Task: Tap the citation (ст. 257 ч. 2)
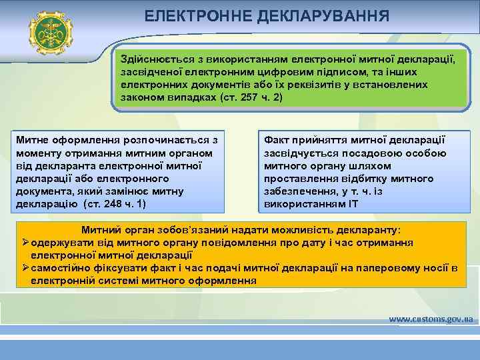[251, 97]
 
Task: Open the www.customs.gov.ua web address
[431, 319]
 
